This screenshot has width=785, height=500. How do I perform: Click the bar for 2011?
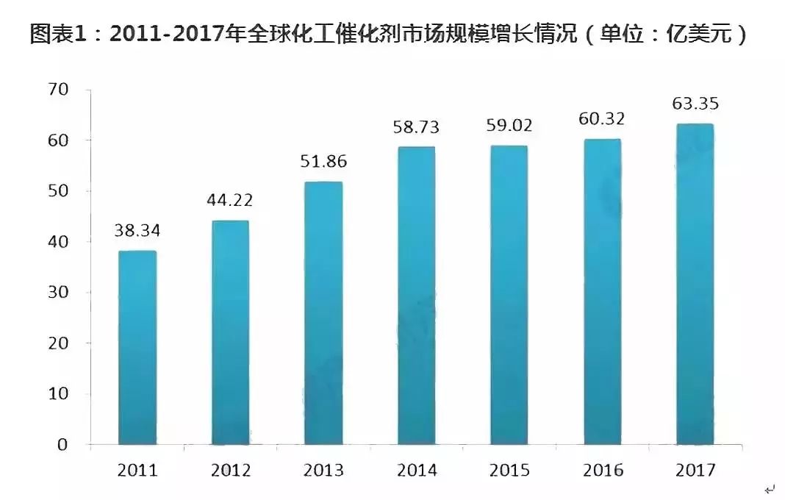coord(137,348)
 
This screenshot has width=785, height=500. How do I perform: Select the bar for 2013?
coord(323,313)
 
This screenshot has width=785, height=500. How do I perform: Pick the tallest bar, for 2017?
coord(694,284)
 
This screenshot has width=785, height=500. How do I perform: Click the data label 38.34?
coord(137,230)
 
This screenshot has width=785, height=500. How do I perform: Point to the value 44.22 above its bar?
coord(230,200)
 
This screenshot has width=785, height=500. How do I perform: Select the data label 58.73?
coord(415,127)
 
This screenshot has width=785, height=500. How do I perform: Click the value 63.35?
coord(695,103)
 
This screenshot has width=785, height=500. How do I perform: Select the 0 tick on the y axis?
coord(62,445)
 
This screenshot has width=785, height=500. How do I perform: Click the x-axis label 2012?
coord(230,471)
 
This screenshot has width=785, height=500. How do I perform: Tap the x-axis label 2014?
coord(416,471)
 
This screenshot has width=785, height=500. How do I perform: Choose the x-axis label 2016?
coord(602,471)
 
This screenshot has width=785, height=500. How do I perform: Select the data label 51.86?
coord(323,162)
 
